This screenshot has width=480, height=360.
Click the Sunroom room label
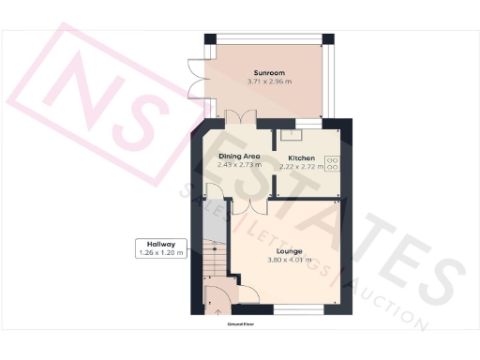point(268,72)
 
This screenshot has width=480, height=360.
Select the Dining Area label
point(239,156)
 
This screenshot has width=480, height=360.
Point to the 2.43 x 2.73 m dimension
point(239,165)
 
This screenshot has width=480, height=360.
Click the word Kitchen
point(301,157)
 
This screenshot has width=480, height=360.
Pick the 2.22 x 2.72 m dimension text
point(301,166)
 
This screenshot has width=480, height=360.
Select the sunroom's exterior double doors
point(194,79)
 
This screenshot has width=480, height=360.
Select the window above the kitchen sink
point(307,124)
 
